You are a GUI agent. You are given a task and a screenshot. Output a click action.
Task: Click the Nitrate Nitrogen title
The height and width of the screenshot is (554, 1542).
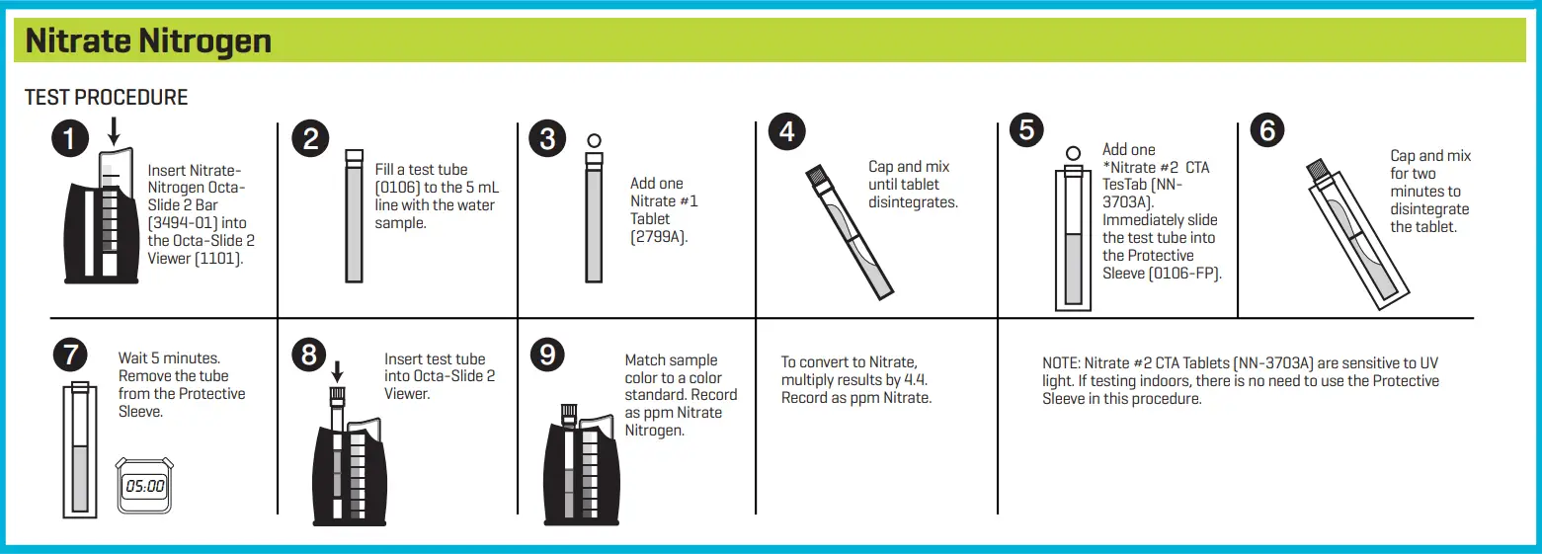pyautogui.click(x=148, y=41)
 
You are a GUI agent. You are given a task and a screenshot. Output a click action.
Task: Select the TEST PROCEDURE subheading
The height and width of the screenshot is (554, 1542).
pyautogui.click(x=106, y=97)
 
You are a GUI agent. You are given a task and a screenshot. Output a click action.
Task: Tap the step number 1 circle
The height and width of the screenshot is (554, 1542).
pyautogui.click(x=69, y=139)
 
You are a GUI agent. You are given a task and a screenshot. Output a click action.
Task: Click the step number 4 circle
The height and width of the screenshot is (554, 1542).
pyautogui.click(x=787, y=132)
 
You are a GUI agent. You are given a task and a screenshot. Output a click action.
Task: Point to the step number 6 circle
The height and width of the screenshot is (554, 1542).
pyautogui.click(x=1267, y=131)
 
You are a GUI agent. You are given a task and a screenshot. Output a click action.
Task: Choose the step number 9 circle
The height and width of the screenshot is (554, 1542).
pyautogui.click(x=548, y=355)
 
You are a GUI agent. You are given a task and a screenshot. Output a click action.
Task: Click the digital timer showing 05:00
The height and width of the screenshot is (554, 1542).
pyautogui.click(x=144, y=485)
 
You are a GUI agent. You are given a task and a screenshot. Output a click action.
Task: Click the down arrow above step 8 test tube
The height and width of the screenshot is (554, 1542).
pyautogui.click(x=337, y=371)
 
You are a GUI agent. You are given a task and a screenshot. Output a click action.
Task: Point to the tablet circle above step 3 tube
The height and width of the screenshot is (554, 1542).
pyautogui.click(x=594, y=140)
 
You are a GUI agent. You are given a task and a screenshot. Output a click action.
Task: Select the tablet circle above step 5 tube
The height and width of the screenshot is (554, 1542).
pyautogui.click(x=1073, y=153)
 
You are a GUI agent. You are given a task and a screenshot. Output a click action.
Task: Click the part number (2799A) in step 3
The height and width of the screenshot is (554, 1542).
pyautogui.click(x=658, y=236)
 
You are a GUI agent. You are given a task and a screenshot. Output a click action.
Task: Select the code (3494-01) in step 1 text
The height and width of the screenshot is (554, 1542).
pyautogui.click(x=184, y=223)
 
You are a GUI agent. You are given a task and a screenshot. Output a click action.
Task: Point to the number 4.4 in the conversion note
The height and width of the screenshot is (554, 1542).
pyautogui.click(x=915, y=380)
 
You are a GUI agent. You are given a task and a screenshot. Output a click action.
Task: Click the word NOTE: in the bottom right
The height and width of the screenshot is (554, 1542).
pyautogui.click(x=1064, y=363)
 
